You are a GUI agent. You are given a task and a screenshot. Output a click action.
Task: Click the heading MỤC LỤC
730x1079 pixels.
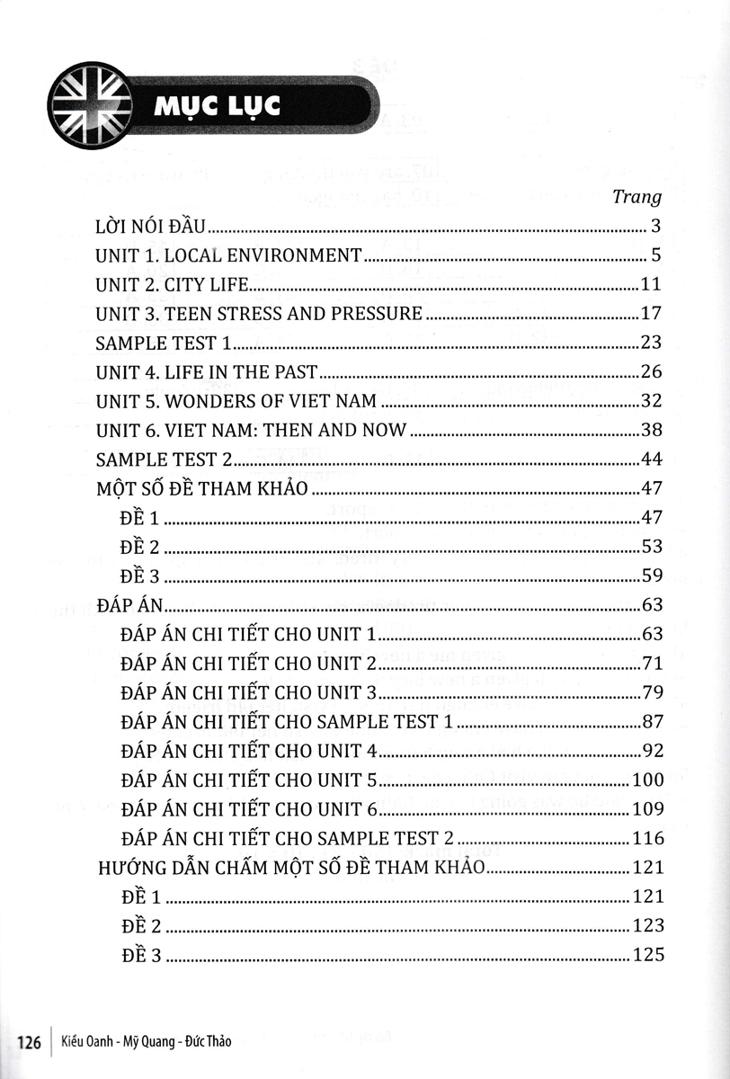coord(217,106)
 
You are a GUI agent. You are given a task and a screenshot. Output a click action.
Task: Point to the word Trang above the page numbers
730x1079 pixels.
coord(636,196)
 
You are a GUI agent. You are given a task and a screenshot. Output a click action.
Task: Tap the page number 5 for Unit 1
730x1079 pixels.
coord(656,255)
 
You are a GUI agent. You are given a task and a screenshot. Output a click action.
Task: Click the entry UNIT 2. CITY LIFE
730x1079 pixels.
coord(170,285)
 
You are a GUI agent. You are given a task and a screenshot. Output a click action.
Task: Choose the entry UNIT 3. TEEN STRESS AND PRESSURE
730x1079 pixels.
coord(258,314)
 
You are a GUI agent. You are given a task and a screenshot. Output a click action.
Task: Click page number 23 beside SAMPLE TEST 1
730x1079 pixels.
coord(651,343)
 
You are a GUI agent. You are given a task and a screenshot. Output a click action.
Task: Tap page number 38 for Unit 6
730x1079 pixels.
coord(651,430)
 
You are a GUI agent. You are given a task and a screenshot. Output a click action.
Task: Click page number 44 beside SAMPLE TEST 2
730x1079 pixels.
coord(651,459)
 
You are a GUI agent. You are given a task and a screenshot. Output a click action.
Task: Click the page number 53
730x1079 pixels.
coord(651,547)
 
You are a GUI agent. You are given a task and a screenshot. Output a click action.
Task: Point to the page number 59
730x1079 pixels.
coord(651,575)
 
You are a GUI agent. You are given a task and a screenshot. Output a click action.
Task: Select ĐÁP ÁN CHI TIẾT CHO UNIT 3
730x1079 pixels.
coord(247,692)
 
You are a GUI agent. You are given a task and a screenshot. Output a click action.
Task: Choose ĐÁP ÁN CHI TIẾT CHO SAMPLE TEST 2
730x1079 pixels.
coord(286,838)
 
